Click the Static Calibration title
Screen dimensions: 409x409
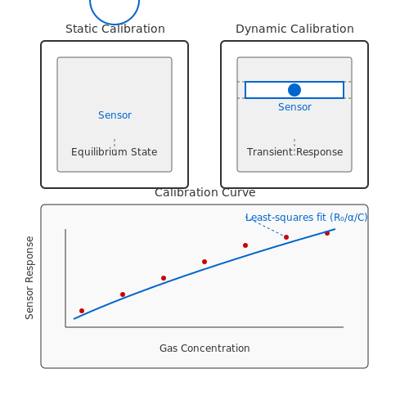(x=115, y=29)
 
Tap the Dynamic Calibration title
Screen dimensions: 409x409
(x=294, y=29)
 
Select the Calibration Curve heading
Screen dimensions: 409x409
(x=205, y=192)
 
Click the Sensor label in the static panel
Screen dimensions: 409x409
(x=115, y=115)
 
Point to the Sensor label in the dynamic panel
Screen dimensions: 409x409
(x=294, y=107)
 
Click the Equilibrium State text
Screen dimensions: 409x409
(x=115, y=152)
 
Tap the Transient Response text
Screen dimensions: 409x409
(x=294, y=152)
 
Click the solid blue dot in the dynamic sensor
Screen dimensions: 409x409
(x=294, y=90)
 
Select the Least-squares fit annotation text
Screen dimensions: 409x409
(x=307, y=218)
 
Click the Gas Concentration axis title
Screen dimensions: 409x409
(x=204, y=348)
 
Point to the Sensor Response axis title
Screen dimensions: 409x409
(x=29, y=277)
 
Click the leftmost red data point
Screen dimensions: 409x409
(x=82, y=311)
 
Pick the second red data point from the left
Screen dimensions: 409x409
(x=123, y=294)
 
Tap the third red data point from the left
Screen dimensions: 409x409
(x=164, y=278)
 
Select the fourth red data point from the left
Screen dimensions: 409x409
(x=204, y=262)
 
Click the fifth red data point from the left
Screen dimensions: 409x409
(x=245, y=245)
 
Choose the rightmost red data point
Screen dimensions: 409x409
(x=327, y=233)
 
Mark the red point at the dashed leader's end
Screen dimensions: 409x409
(x=286, y=237)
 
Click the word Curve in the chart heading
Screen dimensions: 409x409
(x=239, y=192)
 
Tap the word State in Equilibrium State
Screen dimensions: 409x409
(x=144, y=152)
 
